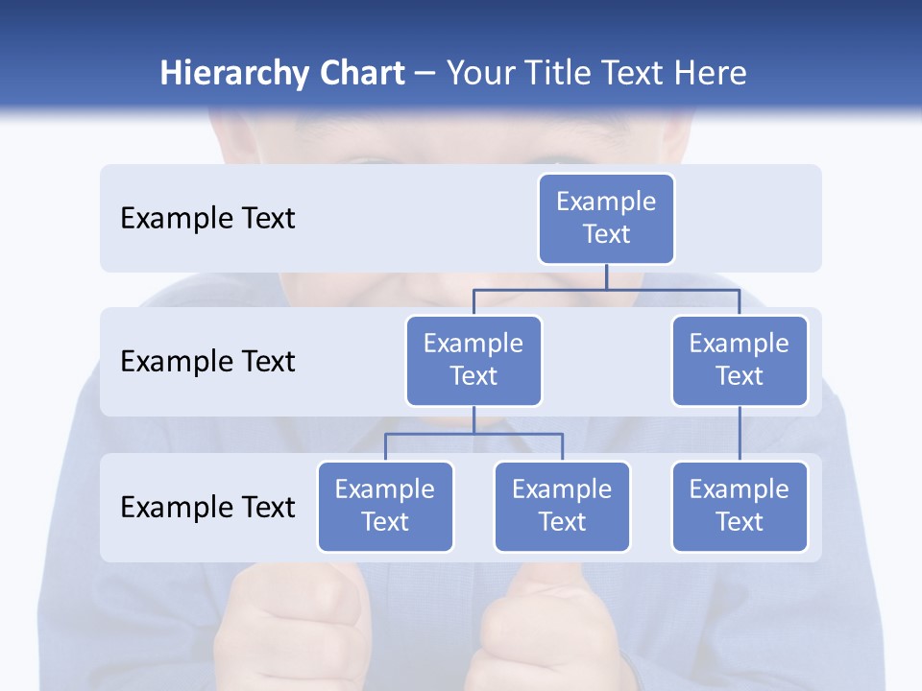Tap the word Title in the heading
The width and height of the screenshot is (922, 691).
point(567,73)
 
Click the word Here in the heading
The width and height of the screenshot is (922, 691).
point(708,73)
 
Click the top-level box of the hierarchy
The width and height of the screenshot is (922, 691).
point(606,218)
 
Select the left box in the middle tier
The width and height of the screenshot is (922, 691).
point(473,360)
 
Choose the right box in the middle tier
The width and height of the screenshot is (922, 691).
point(740,360)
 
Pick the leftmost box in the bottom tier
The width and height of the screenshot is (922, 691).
point(385,506)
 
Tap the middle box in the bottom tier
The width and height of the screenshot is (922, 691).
point(562,506)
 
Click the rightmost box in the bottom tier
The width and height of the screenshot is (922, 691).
point(740,506)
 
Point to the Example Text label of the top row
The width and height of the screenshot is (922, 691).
point(207,218)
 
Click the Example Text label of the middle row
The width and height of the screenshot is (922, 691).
point(207,361)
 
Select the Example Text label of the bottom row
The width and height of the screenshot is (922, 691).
point(207,507)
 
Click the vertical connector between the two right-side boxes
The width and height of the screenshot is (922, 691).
point(740,434)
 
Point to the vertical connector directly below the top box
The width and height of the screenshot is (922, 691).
point(606,275)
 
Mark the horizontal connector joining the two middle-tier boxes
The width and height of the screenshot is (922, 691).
point(606,288)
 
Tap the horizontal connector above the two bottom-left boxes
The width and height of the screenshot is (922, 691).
point(473,434)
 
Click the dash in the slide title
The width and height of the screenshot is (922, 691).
point(425,74)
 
